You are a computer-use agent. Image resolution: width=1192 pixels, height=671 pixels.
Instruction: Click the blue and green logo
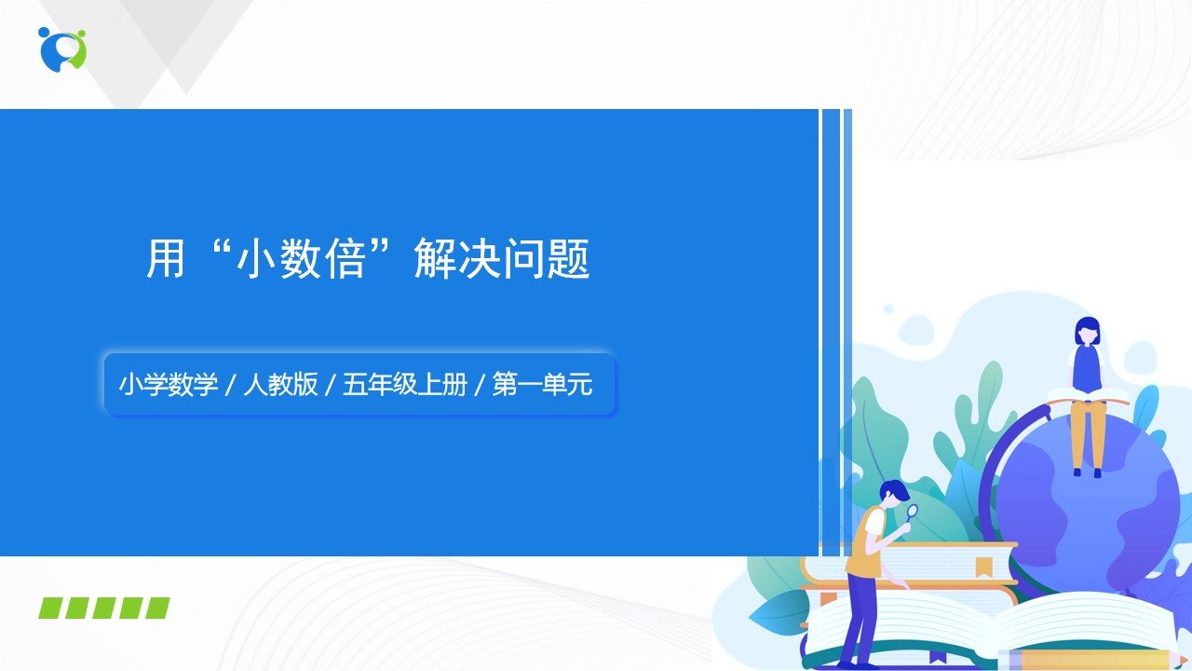click(x=62, y=49)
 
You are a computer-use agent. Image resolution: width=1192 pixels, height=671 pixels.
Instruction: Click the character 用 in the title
click(x=166, y=258)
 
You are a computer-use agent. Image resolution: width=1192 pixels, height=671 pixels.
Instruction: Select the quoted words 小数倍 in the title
click(x=302, y=258)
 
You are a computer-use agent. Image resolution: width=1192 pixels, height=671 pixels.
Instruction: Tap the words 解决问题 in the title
click(x=502, y=258)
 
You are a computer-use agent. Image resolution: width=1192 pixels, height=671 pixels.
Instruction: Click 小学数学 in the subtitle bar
click(x=169, y=384)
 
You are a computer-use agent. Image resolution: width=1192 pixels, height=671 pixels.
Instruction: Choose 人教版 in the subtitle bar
click(x=280, y=384)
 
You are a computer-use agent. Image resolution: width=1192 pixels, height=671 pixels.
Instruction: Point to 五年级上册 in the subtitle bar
click(x=405, y=384)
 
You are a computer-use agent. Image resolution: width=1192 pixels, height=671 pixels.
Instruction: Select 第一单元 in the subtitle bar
click(x=542, y=384)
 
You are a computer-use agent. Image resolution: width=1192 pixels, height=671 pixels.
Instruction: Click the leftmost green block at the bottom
click(x=50, y=609)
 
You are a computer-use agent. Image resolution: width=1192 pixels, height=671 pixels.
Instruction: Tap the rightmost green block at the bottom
click(x=157, y=609)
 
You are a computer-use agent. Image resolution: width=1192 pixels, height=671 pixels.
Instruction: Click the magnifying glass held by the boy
click(x=911, y=513)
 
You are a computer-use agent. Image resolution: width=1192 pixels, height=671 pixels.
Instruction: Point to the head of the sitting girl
click(x=1087, y=331)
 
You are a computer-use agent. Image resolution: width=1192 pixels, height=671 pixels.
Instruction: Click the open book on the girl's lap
click(x=1088, y=396)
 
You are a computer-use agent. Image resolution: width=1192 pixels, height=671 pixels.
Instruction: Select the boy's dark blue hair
click(x=893, y=490)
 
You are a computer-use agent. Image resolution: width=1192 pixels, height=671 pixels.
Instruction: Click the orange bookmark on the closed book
click(x=983, y=568)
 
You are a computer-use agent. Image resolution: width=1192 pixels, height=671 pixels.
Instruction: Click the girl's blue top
click(x=1087, y=368)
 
